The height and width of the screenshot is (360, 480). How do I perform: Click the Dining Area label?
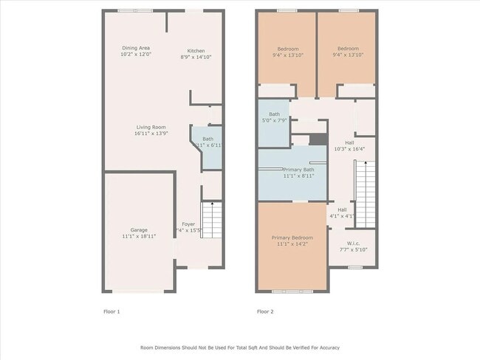click(x=135, y=48)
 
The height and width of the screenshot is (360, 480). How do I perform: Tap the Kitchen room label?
click(x=196, y=51)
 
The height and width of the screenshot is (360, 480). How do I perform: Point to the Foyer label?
click(x=189, y=224)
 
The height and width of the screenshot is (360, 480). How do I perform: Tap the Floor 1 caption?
click(x=111, y=311)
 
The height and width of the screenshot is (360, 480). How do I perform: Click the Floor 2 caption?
click(x=265, y=311)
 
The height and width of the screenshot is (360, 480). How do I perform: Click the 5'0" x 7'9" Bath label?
click(x=275, y=117)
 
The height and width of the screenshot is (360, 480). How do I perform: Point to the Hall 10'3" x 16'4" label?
click(x=350, y=146)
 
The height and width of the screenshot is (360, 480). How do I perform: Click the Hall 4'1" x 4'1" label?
click(x=342, y=212)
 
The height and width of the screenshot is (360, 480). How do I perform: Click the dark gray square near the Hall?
click(x=318, y=139)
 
